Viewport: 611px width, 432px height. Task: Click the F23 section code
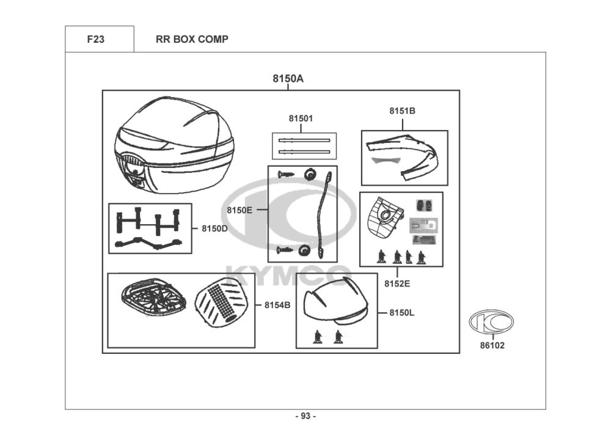click(x=96, y=39)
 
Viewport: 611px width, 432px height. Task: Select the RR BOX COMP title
click(x=192, y=39)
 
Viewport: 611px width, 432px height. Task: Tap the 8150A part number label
click(x=288, y=79)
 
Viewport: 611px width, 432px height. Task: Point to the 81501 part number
click(x=301, y=118)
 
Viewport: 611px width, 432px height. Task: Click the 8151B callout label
click(x=403, y=111)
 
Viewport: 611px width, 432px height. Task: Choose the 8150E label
click(x=240, y=210)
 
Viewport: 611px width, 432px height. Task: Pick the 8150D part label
click(x=214, y=229)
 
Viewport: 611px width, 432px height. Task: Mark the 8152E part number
click(x=397, y=284)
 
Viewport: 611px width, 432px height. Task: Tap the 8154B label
click(x=277, y=305)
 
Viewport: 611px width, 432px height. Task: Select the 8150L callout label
click(x=402, y=313)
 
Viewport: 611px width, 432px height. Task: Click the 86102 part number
click(x=492, y=345)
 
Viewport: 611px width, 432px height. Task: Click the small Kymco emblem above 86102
click(x=491, y=322)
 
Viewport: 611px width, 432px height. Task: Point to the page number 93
click(x=306, y=416)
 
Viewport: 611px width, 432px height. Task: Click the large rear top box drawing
click(x=175, y=145)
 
